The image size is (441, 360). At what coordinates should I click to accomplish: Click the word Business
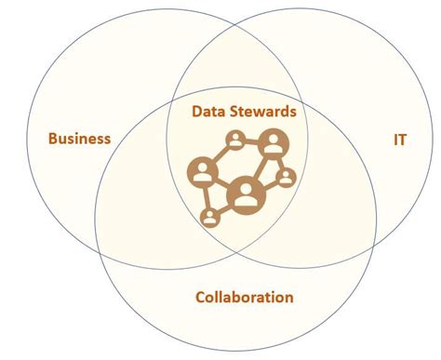(79, 140)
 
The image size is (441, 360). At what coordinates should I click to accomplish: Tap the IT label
(401, 140)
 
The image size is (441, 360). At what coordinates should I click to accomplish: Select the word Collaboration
(245, 298)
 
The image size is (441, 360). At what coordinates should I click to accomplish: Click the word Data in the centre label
(209, 112)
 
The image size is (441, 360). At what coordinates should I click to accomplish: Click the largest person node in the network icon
(245, 194)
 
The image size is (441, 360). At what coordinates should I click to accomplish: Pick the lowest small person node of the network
(210, 219)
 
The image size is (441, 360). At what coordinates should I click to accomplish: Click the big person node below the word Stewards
(272, 143)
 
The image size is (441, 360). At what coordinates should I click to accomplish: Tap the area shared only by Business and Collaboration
(140, 214)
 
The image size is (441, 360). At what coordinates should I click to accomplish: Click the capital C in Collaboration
(201, 298)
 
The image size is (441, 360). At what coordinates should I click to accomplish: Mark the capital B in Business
(52, 140)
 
